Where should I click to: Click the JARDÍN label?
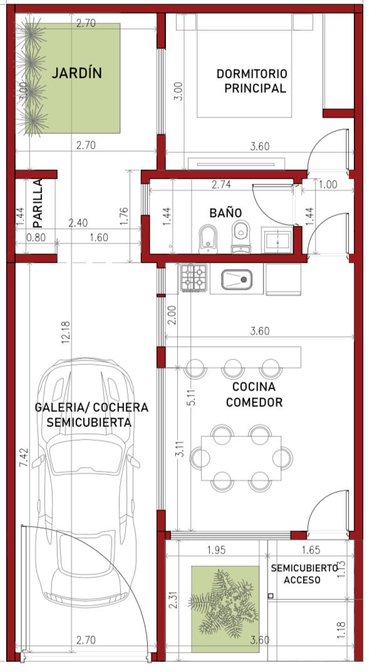coord(77,73)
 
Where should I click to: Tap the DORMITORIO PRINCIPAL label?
coord(252,81)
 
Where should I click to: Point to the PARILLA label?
coord(38,202)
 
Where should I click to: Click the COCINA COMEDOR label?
coord(254,395)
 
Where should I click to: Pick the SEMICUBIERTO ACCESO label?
coord(304,574)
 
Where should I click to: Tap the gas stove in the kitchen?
coord(194,278)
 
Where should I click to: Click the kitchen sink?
coord(237,280)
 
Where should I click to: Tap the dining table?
coord(241,458)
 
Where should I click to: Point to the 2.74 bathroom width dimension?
coord(221,185)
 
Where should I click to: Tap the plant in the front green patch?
coord(224,604)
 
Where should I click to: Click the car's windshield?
coord(86,454)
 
